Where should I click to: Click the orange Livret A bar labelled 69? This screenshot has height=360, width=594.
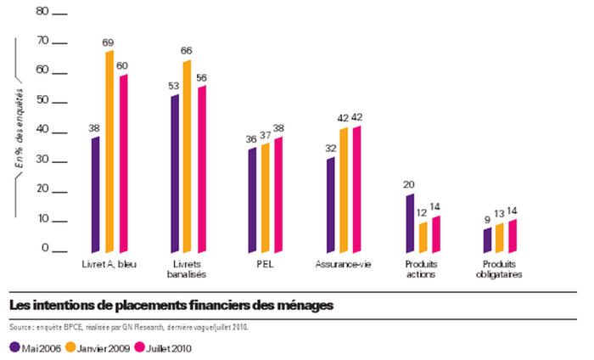pos(109,153)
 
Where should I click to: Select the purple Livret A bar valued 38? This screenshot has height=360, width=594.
pos(95,195)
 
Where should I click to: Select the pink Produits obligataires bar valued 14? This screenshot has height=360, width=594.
pos(512,237)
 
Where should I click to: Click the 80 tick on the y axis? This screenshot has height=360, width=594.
pos(39,14)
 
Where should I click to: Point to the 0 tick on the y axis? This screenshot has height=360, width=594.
pos(44,250)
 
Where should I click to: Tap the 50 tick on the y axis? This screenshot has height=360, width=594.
pos(39,102)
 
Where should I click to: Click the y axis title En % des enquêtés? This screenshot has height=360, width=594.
pos(17,127)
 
